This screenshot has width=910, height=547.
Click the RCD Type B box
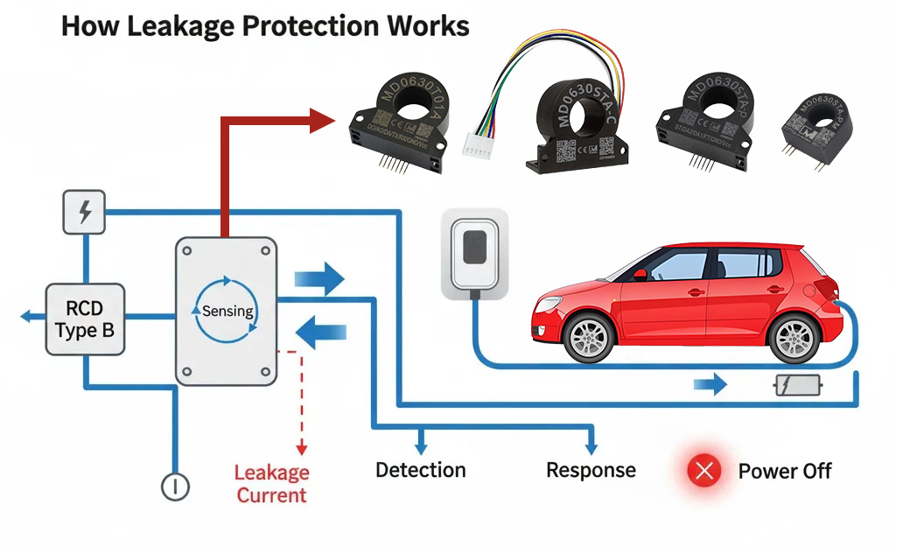[85, 319]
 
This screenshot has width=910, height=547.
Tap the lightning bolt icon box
[85, 213]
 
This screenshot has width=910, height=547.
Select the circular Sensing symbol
[227, 311]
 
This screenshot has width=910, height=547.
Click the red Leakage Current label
[271, 484]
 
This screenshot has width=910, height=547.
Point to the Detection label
[420, 470]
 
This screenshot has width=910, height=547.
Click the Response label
[591, 470]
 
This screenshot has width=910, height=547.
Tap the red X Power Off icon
[703, 471]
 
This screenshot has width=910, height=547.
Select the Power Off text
[784, 471]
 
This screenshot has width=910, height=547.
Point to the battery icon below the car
[798, 385]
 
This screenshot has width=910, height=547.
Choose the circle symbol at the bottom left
[176, 487]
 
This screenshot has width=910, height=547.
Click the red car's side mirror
[640, 274]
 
